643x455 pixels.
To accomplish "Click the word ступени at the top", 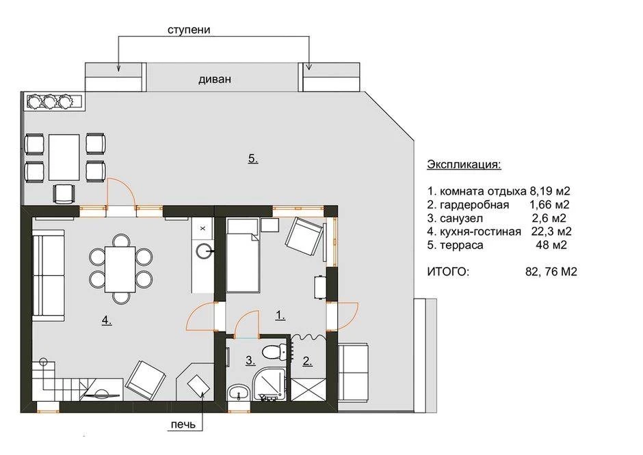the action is (189, 30).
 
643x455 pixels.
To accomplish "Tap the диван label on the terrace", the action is (215, 79).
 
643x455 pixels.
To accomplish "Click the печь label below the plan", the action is (183, 425).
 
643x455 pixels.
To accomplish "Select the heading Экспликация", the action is (464, 165).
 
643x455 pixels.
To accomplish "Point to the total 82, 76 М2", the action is (551, 271).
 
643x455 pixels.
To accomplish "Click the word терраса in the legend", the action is (461, 245).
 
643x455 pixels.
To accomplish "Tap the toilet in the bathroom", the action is (274, 352).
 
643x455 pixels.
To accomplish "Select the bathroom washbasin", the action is (238, 393).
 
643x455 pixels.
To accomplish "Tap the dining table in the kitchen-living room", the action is (120, 268).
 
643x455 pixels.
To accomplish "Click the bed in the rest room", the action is (243, 255).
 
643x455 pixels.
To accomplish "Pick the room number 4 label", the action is (107, 321).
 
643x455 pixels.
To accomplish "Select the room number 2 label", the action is (307, 361).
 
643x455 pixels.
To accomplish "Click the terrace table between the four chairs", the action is (64, 157).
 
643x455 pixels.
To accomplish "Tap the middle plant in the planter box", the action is (50, 101).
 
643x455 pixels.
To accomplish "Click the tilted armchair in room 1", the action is (304, 237).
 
